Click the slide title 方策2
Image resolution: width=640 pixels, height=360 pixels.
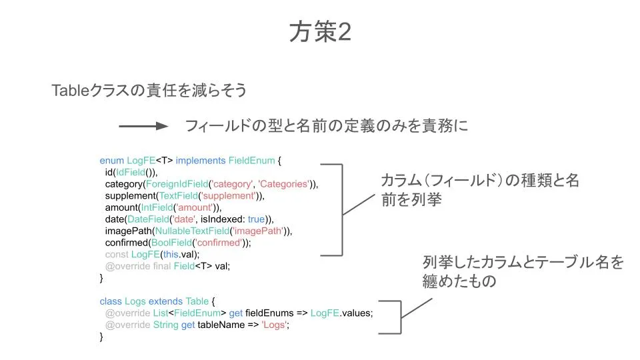pos(320,31)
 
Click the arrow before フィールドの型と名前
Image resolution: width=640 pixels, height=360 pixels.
pos(143,126)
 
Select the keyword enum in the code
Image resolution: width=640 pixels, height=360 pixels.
pos(112,161)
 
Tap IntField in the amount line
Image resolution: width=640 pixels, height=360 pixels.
pos(158,208)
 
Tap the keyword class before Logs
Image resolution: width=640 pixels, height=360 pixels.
pos(111,301)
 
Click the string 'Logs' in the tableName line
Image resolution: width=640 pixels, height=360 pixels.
pos(276,325)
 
